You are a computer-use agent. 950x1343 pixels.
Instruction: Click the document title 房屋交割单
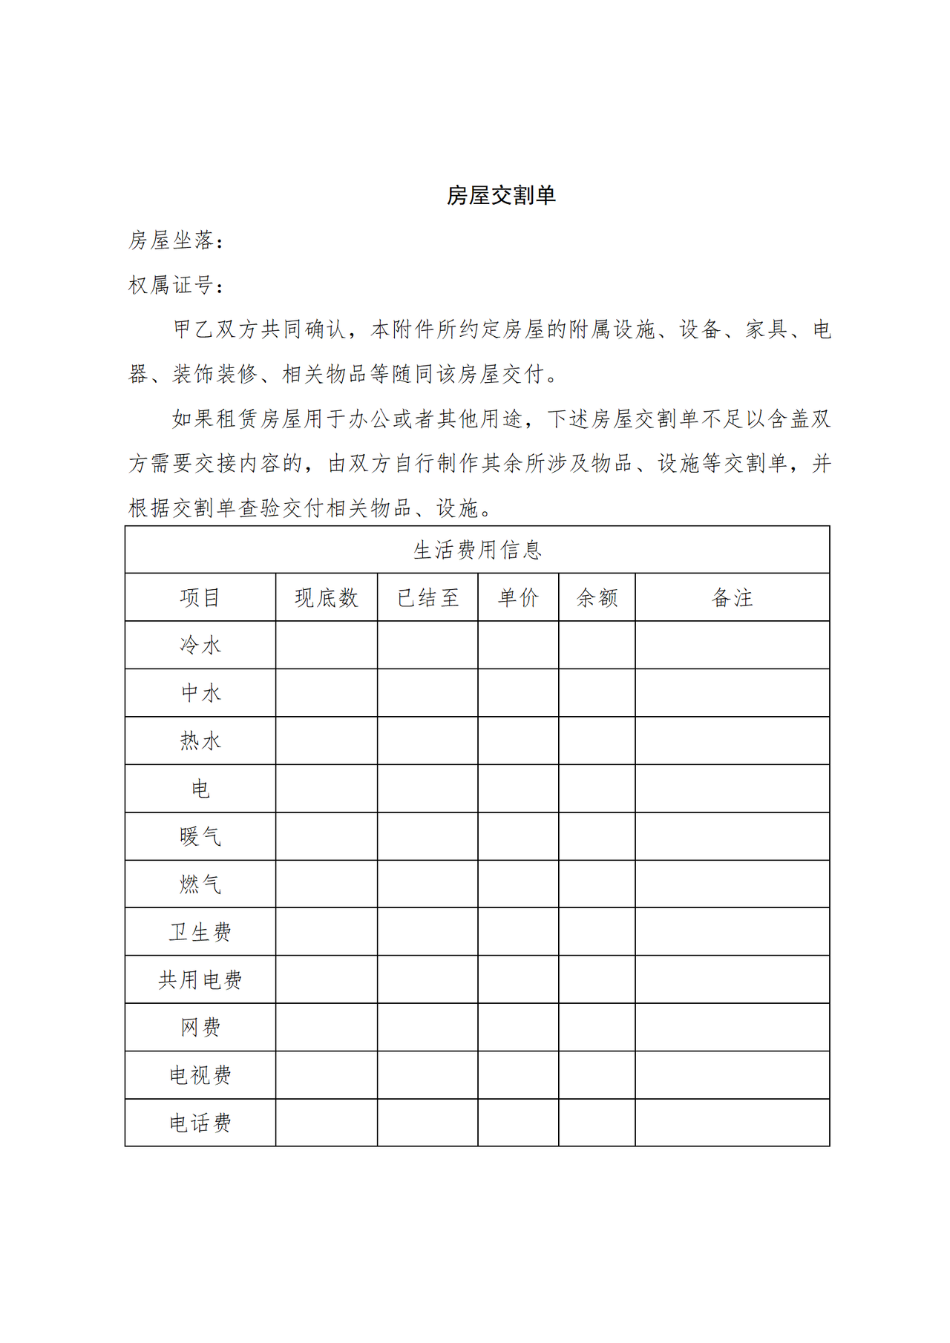(501, 195)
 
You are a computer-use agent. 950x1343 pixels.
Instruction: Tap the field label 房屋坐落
(171, 240)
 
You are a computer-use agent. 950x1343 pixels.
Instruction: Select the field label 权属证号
(171, 285)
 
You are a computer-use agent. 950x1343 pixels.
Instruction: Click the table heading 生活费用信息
(477, 550)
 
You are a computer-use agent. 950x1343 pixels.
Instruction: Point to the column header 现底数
(327, 598)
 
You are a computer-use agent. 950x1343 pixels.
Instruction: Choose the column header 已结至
(427, 598)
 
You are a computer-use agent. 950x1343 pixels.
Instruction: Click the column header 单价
(518, 598)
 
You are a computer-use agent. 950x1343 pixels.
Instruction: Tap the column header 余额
(597, 598)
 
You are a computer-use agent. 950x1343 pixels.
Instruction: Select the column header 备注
(732, 598)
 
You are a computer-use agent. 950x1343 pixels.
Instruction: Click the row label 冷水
(200, 646)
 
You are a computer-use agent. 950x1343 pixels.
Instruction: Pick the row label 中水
(200, 693)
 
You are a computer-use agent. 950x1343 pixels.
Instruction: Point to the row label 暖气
(200, 837)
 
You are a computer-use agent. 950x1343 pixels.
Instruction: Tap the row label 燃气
(200, 884)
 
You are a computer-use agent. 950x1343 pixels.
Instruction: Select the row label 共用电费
(200, 980)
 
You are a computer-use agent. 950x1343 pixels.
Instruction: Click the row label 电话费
(200, 1123)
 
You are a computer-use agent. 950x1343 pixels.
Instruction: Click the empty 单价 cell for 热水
(518, 741)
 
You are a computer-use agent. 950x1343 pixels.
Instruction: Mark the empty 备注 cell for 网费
(732, 1028)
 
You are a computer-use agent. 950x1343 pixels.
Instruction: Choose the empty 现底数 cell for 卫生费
(327, 932)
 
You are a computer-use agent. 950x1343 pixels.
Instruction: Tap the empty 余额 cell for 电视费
(597, 1075)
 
